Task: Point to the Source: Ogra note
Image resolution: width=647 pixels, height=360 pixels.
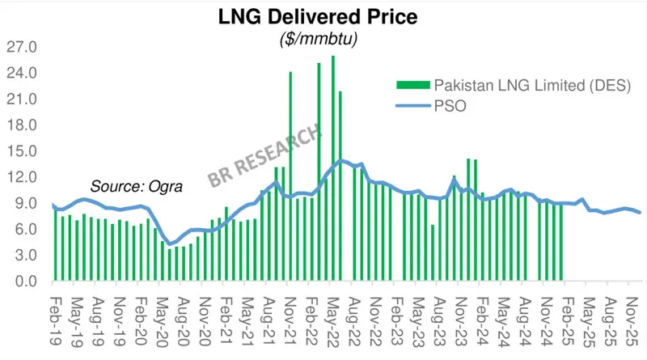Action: click(137, 186)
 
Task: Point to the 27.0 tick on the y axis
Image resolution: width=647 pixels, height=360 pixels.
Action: click(23, 47)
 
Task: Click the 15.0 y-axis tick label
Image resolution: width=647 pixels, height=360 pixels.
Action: click(23, 151)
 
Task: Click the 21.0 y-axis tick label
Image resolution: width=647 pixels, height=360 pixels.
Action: click(23, 100)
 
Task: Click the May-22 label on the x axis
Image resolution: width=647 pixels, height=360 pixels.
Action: click(333, 311)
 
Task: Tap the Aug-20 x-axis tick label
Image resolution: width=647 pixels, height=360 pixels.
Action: click(182, 311)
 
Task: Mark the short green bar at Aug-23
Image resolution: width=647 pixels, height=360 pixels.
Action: click(433, 252)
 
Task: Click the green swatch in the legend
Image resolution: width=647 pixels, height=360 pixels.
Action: click(412, 86)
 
